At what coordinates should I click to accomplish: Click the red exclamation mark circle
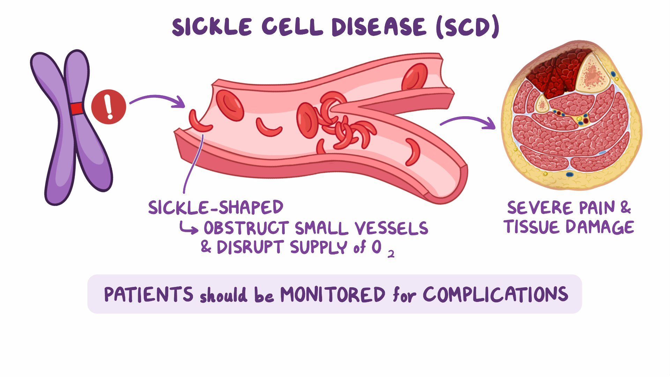pos(109,107)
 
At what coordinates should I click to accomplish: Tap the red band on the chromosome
pos(77,109)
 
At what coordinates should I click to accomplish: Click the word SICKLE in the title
pos(212,27)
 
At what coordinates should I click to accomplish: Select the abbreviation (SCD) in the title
pos(467,27)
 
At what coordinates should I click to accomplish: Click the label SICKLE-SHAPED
pos(216,207)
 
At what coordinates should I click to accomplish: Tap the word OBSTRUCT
pos(246,228)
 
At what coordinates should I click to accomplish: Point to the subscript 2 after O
pos(391,254)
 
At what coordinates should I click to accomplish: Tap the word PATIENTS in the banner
pos(149,294)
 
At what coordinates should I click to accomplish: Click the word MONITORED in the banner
pos(333,294)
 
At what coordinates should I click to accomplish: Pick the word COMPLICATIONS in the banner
pos(496,294)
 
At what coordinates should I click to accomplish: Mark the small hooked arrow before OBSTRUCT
pos(188,229)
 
